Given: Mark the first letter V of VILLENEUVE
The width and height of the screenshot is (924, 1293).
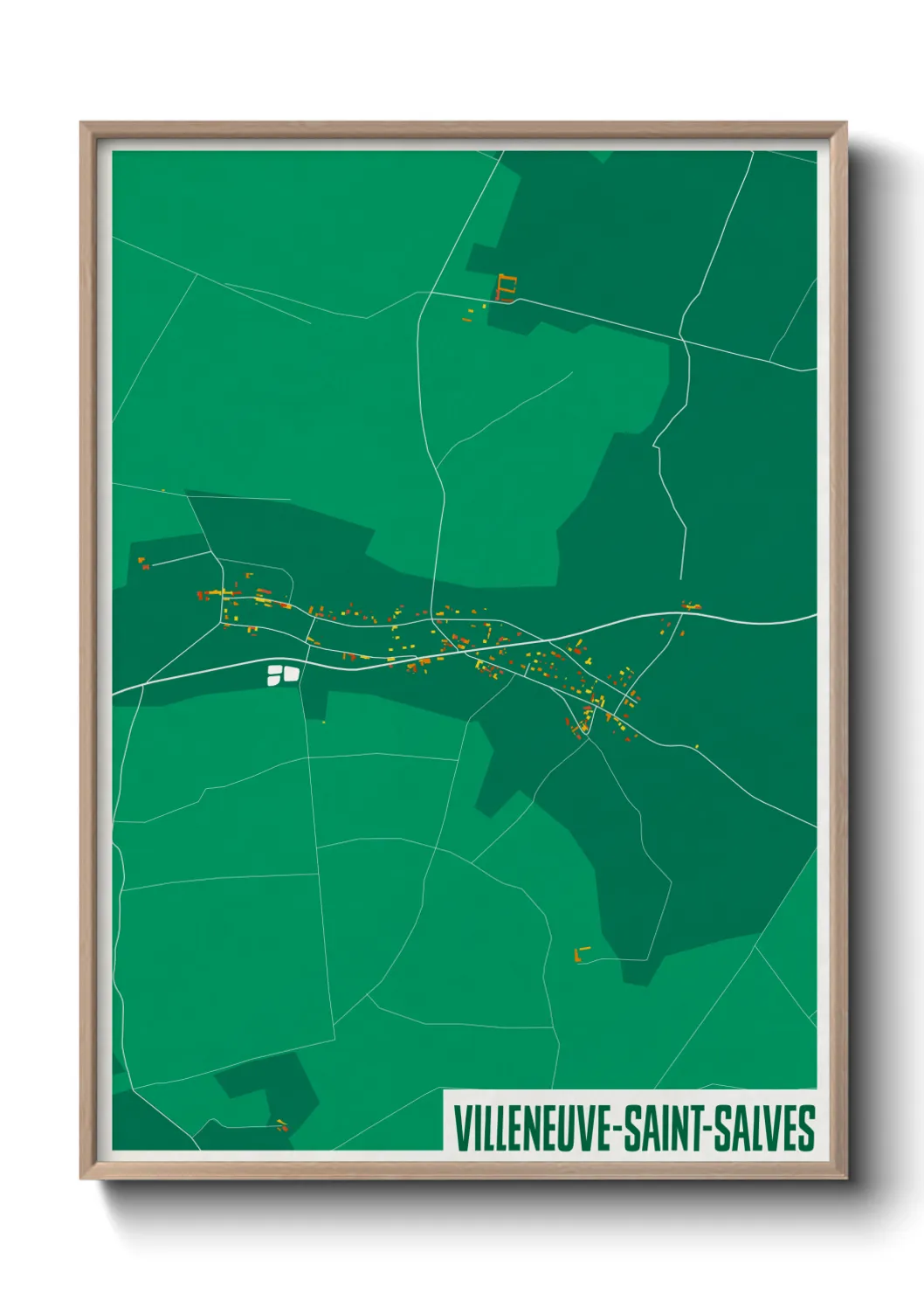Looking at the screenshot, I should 459,1129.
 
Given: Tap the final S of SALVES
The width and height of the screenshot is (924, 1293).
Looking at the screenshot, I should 808,1129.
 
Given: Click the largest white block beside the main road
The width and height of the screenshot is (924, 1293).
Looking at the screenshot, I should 291,673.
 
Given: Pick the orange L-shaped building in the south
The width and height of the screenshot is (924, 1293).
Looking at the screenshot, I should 581,953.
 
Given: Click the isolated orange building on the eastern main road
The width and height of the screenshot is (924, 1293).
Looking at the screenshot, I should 692,605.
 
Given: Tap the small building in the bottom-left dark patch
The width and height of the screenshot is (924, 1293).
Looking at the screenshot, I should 281,1125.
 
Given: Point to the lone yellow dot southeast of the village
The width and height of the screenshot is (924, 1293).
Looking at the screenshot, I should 696,746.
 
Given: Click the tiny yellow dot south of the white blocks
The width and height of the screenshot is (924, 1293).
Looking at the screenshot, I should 324,722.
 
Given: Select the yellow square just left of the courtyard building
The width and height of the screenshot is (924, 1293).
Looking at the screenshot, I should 484,307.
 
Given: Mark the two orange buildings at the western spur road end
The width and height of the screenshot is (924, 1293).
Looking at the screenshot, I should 143,563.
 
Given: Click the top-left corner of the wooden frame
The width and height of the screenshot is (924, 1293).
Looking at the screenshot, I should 82,124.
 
